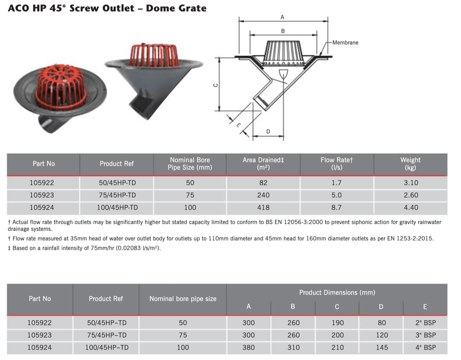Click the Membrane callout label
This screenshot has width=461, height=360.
[x=345, y=43]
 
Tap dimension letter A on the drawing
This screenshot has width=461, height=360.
[x=282, y=17]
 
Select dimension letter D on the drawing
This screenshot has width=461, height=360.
[x=268, y=132]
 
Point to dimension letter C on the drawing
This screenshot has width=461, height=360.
[x=216, y=85]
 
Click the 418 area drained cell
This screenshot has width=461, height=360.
[x=263, y=207]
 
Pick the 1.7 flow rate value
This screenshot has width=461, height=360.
[x=336, y=183]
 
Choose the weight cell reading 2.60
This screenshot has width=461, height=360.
[x=411, y=195]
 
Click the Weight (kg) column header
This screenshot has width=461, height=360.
[x=411, y=164]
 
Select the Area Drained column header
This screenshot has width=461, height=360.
[x=263, y=164]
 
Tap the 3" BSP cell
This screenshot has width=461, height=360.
[x=425, y=335]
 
